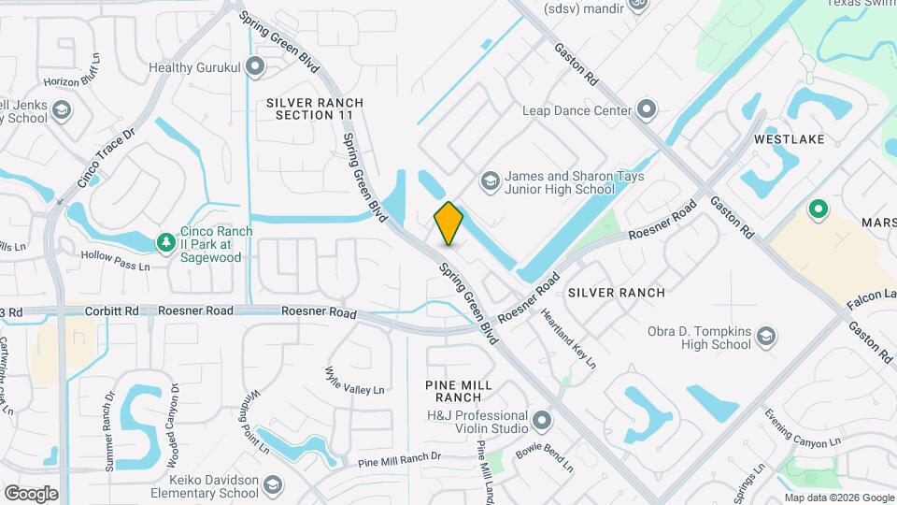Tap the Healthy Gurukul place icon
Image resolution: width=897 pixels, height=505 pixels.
point(256,67)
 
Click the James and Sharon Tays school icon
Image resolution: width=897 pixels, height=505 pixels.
point(489,180)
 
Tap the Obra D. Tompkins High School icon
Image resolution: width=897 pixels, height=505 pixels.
point(766,337)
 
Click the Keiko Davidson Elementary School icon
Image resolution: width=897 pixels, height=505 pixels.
point(272,485)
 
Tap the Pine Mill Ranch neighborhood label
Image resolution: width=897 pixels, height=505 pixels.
point(471,391)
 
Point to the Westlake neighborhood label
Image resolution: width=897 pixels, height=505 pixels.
point(790,139)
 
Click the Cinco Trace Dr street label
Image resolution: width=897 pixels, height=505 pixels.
point(107,157)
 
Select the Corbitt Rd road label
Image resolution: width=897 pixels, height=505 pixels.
point(111,311)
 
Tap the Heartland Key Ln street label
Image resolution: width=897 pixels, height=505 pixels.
point(568,338)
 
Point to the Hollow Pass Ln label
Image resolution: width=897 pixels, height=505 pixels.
point(115,261)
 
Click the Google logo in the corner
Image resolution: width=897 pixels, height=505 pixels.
point(31,493)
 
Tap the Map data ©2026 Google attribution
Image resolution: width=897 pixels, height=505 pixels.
point(838,498)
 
